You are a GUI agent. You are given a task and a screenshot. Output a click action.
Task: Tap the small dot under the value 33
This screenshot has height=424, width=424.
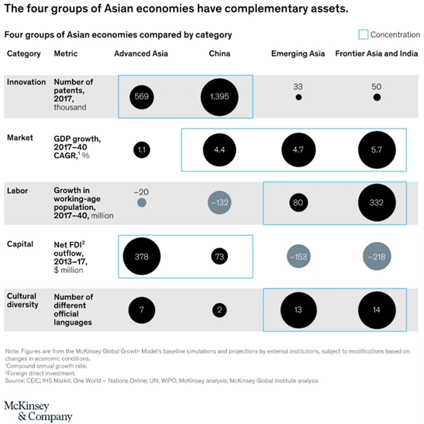pyautogui.click(x=299, y=97)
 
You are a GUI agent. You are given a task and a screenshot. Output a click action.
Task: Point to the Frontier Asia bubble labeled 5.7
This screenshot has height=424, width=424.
pyautogui.click(x=376, y=150)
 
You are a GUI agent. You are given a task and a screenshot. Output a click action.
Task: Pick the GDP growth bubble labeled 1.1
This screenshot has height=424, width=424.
pyautogui.click(x=141, y=150)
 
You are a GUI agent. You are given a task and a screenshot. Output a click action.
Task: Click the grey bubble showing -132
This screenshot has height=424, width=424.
pyautogui.click(x=220, y=202)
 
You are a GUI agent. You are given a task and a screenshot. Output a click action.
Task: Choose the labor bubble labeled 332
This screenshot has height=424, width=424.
pyautogui.click(x=376, y=202)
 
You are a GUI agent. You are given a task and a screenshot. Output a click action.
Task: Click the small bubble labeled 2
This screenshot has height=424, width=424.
pyautogui.click(x=220, y=310)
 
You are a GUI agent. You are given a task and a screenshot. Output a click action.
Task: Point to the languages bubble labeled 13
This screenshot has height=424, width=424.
pyautogui.click(x=299, y=310)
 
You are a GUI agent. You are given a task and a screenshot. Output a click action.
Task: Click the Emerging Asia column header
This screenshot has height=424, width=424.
pyautogui.click(x=298, y=54)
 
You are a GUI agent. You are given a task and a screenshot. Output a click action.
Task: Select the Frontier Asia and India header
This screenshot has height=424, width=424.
pyautogui.click(x=376, y=54)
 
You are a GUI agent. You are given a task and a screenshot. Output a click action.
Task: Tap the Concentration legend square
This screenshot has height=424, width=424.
pyautogui.click(x=362, y=34)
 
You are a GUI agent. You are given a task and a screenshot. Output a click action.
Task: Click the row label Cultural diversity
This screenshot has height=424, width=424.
pyautogui.click(x=24, y=301)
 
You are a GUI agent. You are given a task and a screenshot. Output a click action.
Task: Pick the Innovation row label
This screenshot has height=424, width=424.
pyautogui.click(x=26, y=82)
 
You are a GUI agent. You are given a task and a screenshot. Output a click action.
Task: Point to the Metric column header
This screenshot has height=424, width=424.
pyautogui.click(x=66, y=54)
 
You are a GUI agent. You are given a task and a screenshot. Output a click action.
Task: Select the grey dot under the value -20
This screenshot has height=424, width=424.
pyautogui.click(x=141, y=202)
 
